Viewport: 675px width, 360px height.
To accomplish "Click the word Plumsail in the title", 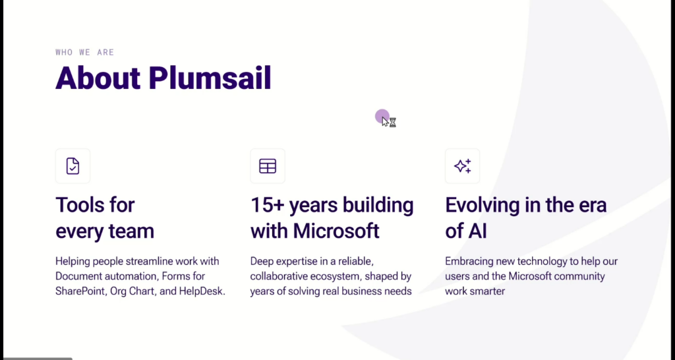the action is (x=210, y=78).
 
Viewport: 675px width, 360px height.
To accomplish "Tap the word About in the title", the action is (x=98, y=78).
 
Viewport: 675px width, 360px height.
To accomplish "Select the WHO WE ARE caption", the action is (x=85, y=52).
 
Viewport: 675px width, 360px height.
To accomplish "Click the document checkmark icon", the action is (x=73, y=165).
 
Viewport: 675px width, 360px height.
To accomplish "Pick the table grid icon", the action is (x=268, y=165).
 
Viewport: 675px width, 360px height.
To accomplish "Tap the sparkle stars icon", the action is (x=462, y=165).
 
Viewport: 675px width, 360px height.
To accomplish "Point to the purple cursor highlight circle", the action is (x=382, y=116).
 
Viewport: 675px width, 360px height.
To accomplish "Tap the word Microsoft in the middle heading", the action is (x=336, y=231).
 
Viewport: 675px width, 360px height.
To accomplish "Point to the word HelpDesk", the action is (x=202, y=291).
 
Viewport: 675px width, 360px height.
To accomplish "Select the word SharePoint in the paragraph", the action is (x=80, y=291).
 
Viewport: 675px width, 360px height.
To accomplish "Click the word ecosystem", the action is (x=335, y=276).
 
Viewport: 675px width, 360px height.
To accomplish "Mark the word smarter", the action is (x=488, y=291).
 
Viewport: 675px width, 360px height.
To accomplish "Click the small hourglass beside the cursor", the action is (x=393, y=123).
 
